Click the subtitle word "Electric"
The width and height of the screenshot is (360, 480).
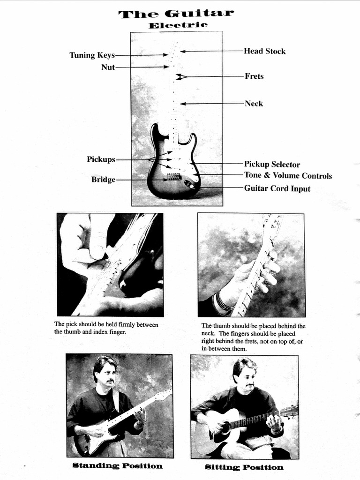tap(178, 25)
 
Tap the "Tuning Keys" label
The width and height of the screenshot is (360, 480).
tap(92, 55)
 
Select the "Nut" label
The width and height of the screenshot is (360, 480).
tap(108, 67)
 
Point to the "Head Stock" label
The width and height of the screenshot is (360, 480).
tap(264, 51)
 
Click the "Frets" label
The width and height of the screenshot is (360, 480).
tap(254, 76)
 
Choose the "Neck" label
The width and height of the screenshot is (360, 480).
tap(254, 104)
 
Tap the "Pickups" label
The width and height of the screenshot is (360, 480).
tap(101, 159)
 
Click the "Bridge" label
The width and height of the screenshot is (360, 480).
tap(103, 180)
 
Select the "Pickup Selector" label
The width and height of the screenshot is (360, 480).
tap(272, 165)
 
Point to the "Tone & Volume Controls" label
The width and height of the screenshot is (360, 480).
tap(288, 176)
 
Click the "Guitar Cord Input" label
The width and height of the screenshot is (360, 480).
tap(277, 188)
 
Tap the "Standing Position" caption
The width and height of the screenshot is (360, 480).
tap(118, 466)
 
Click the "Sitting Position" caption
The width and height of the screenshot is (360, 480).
tap(244, 467)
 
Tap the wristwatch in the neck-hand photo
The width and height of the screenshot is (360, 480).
tap(224, 302)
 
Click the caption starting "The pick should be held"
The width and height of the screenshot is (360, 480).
tap(106, 328)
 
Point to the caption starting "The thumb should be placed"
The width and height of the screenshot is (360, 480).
tap(253, 337)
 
